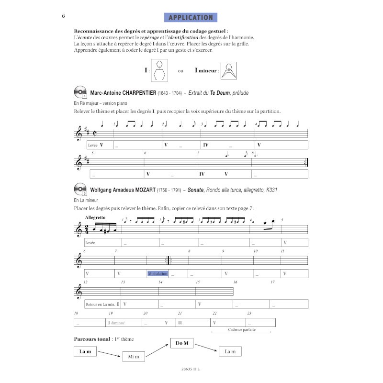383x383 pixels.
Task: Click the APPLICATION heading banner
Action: (x=191, y=18)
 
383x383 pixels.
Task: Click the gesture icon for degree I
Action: (x=161, y=70)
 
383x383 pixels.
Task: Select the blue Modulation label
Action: (x=158, y=274)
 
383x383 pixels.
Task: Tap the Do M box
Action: (x=181, y=343)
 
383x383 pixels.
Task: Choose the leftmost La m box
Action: (x=85, y=352)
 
